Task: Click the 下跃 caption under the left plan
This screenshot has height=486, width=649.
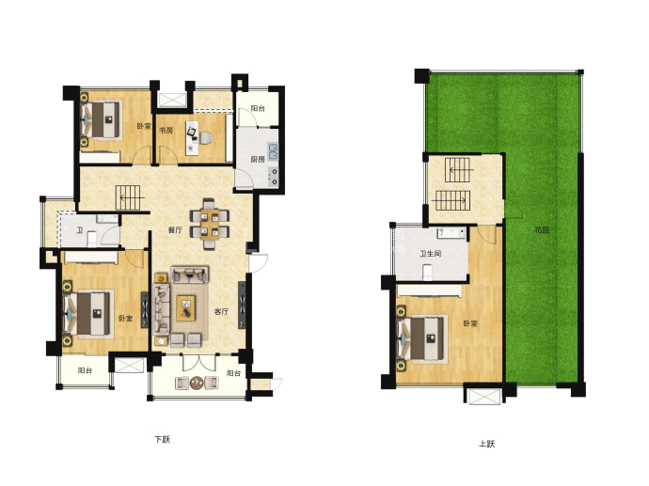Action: pos(162,439)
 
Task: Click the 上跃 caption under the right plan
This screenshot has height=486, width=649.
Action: pos(486,444)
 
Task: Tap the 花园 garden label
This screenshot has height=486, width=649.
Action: pos(542,229)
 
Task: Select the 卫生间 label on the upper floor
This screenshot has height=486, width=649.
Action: pos(431,254)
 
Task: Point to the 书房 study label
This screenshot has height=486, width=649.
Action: pos(166,131)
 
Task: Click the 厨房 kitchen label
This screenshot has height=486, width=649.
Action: pos(258,159)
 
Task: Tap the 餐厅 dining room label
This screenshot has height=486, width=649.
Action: pos(175,230)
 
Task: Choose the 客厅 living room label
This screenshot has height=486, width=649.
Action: pos(221,311)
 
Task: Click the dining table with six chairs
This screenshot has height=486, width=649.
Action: pos(210,224)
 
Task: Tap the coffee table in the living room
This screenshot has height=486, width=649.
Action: pos(186,307)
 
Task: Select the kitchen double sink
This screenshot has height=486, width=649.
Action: pos(273,151)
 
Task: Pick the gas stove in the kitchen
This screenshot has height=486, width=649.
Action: pos(273,176)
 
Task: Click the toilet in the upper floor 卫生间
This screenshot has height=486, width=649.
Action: pos(428,273)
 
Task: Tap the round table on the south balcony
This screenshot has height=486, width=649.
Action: pos(197,383)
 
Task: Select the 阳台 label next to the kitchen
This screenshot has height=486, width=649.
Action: pos(258,108)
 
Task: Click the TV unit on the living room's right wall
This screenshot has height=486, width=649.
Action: pos(242,306)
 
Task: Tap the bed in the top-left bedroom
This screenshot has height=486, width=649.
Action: pos(102,119)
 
